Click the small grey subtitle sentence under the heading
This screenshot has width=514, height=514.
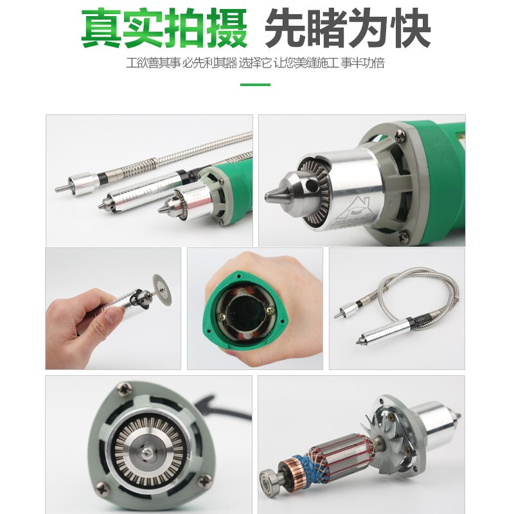256,64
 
